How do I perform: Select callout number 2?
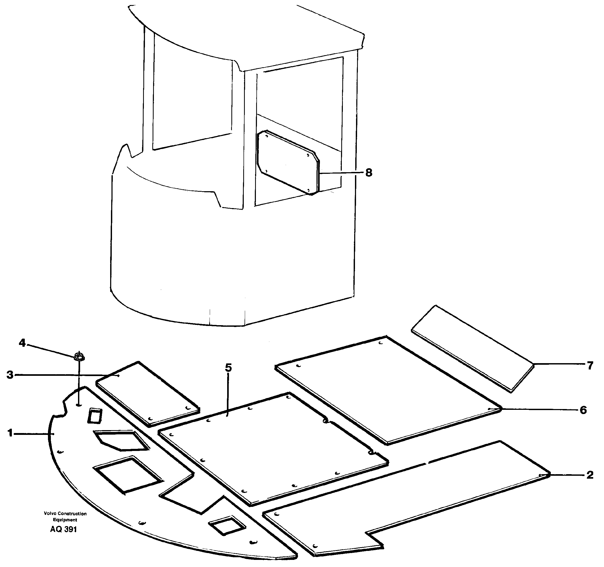(x=590, y=475)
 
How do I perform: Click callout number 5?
(x=228, y=368)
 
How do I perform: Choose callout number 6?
(x=583, y=410)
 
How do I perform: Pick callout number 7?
(x=590, y=366)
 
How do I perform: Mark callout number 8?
(x=368, y=173)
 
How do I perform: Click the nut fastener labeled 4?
(x=79, y=356)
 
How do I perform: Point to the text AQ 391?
(x=64, y=529)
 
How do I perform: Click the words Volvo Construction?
(x=65, y=513)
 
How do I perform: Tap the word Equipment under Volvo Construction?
(x=65, y=520)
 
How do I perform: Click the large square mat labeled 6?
(x=386, y=389)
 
